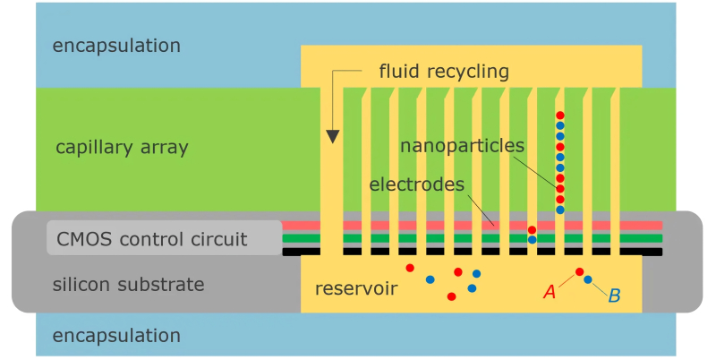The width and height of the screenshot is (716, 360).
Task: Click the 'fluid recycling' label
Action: [444, 71]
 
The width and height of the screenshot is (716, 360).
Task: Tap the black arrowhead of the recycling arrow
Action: [333, 136]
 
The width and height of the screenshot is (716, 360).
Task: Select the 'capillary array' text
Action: [122, 147]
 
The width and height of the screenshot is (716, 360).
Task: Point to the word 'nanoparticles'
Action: [462, 145]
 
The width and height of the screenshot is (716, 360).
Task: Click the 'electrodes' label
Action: [416, 184]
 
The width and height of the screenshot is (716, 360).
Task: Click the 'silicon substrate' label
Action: [129, 285]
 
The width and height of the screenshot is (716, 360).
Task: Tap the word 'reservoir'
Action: [356, 289]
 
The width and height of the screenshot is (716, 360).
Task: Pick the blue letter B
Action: [614, 295]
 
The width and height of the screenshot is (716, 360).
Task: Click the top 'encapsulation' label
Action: [116, 45]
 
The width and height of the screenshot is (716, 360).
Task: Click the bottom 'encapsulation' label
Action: [116, 336]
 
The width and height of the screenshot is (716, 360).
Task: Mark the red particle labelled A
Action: [579, 271]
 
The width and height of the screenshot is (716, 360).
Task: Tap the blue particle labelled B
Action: [588, 280]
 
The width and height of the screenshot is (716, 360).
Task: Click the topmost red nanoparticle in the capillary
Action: [560, 116]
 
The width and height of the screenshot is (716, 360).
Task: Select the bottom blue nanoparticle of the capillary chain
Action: [560, 210]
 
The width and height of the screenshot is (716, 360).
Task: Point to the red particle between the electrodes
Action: [532, 230]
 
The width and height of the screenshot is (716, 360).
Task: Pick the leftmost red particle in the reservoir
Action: [410, 268]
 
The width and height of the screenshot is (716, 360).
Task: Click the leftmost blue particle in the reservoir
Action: [430, 279]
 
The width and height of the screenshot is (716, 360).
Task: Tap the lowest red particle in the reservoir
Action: [451, 296]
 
